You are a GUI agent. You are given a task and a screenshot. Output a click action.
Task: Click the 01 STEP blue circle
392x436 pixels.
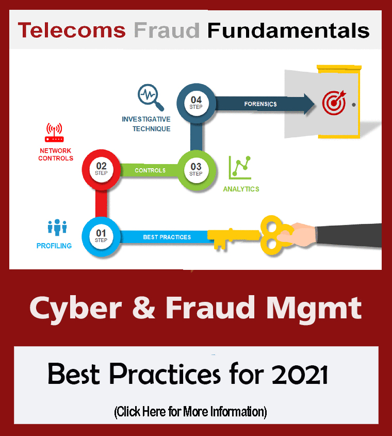tap(101, 236)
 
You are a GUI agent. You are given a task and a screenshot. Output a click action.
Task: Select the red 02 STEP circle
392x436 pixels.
tap(101, 170)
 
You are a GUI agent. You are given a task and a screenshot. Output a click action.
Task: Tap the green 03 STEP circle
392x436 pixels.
tap(197, 170)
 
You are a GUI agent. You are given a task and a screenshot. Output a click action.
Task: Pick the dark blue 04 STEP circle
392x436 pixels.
tap(197, 103)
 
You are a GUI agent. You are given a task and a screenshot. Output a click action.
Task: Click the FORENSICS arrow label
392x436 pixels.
tap(260, 104)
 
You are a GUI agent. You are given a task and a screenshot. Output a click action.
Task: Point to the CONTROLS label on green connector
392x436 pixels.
tap(150, 170)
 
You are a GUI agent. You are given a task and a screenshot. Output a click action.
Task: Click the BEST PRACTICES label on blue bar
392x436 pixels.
tap(167, 237)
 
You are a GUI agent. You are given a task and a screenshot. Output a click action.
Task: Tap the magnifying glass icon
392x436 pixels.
tap(151, 98)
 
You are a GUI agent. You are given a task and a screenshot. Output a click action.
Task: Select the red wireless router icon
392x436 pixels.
tap(54, 133)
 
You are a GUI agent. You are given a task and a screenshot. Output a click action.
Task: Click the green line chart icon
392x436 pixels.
tap(240, 167)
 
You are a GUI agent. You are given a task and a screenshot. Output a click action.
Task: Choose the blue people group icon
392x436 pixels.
tap(57, 228)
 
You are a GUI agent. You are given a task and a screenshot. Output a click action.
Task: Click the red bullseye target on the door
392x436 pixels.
tap(334, 103)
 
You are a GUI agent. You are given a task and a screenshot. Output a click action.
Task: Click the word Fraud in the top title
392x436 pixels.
tap(167, 30)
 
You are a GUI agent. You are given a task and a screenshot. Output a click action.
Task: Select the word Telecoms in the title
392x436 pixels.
tap(72, 30)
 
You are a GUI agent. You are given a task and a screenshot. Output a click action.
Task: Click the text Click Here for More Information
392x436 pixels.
tap(190, 412)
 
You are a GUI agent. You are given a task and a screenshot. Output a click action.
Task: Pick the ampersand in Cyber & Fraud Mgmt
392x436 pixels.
tap(143, 308)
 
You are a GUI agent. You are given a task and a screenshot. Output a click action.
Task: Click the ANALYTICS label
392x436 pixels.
tap(241, 189)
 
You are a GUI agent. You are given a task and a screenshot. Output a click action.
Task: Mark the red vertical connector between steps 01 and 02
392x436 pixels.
tap(101, 204)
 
